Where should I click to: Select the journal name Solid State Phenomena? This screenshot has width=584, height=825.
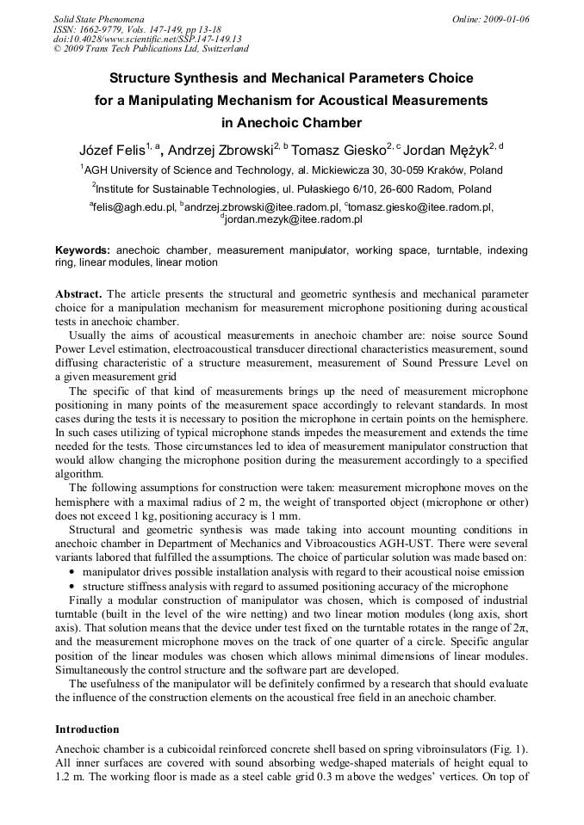click(98, 19)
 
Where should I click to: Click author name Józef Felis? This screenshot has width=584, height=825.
click(111, 150)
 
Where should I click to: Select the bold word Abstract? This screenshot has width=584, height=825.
click(79, 294)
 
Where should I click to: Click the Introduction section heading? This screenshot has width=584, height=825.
click(87, 730)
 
